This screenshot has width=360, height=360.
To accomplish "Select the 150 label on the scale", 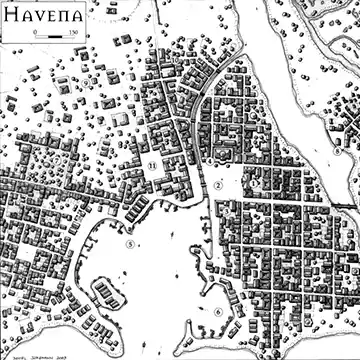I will coord(74,34).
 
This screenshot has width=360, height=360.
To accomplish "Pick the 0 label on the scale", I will coord(35,34).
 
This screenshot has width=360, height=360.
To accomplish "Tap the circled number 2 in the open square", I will coord(217,186).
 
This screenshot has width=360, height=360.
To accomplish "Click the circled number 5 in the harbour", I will coord(130,241).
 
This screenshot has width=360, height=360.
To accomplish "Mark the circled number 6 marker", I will coord(217,311).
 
